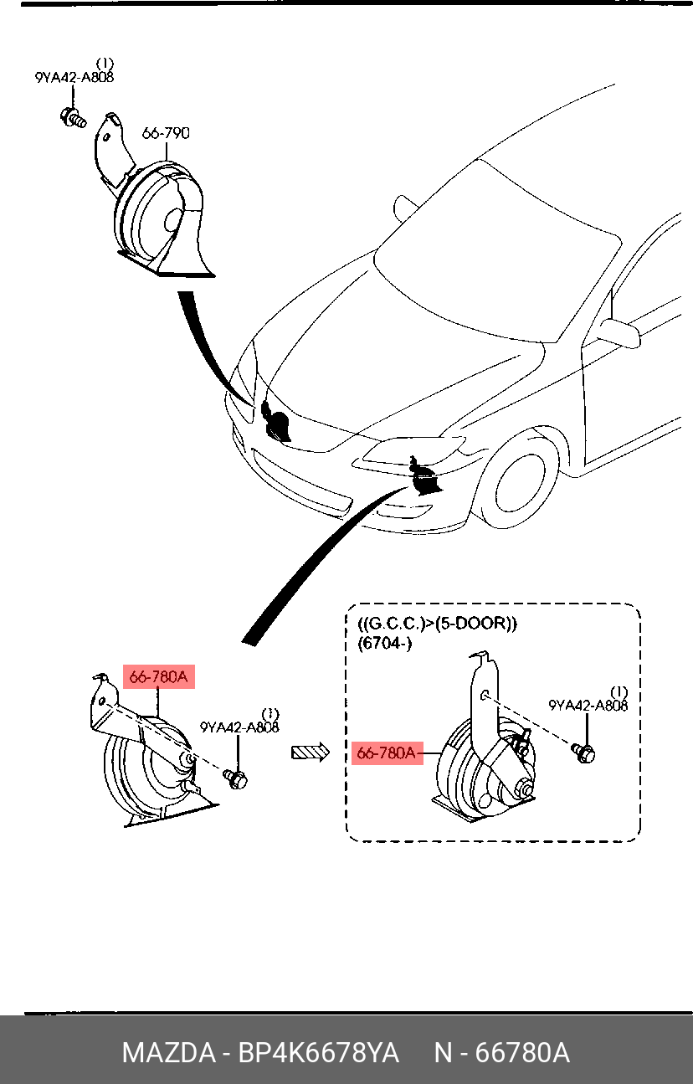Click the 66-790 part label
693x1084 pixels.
pos(166,132)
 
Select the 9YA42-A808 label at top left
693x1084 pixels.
pos(74,78)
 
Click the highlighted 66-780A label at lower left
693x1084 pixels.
pos(159,677)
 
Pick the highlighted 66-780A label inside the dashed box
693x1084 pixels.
pos(387,753)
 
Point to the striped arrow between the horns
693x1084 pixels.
pos(309,753)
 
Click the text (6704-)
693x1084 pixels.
pos(385,645)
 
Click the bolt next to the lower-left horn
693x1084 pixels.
pos(236,778)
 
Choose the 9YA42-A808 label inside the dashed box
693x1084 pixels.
pos(588,706)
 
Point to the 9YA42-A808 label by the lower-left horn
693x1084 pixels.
pos(239,727)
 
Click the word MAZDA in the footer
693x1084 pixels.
pos(167,1053)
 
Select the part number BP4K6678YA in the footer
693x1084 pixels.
pos(319,1053)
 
